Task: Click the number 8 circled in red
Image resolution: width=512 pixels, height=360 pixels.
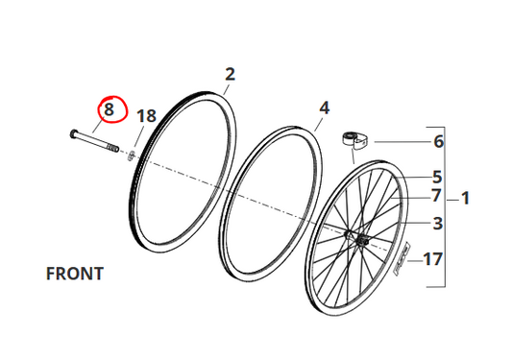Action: click(109, 109)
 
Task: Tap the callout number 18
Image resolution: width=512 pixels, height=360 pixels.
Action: click(146, 116)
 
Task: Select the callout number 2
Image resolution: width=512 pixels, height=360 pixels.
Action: click(231, 75)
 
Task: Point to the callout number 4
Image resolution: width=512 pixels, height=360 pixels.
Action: click(324, 108)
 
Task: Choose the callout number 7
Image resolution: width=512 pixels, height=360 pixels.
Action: click(436, 196)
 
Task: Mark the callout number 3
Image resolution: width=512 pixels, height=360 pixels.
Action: click(438, 224)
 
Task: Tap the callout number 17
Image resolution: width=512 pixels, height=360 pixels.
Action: click(433, 259)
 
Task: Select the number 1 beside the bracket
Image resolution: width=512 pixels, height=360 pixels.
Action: click(465, 199)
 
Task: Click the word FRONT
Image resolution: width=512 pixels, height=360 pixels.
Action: click(75, 274)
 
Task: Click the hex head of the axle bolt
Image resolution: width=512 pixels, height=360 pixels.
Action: click(73, 134)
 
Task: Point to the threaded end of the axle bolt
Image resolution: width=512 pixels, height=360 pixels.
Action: click(112, 148)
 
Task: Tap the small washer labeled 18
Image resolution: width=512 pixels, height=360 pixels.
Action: click(131, 155)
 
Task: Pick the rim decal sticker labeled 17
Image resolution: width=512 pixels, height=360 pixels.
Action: click(402, 258)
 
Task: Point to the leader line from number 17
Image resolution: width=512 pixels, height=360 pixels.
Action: click(415, 261)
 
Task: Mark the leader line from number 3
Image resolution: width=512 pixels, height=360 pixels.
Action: click(417, 223)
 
